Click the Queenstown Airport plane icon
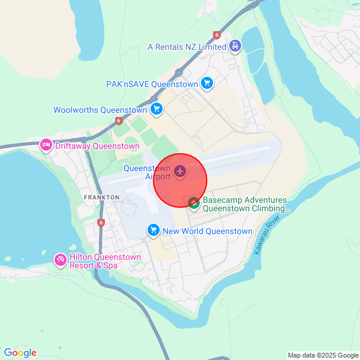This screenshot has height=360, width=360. pyautogui.click(x=180, y=172)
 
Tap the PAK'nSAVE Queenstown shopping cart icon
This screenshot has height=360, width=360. pyautogui.click(x=207, y=84)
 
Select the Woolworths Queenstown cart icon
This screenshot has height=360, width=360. pyautogui.click(x=157, y=109)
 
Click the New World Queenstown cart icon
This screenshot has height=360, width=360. pyautogui.click(x=154, y=230)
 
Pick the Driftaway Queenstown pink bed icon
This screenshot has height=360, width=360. pyautogui.click(x=46, y=145)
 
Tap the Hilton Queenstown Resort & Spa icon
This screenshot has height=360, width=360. pyautogui.click(x=61, y=260)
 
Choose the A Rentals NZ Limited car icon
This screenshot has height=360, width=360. pyautogui.click(x=236, y=46)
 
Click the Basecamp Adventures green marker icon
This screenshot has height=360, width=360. pyautogui.click(x=194, y=203)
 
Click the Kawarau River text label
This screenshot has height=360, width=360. pyautogui.click(x=268, y=235)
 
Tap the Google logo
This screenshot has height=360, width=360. pyautogui.click(x=20, y=353)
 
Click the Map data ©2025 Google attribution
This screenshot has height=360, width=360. pyautogui.click(x=322, y=355)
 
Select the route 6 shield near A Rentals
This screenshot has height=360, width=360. pyautogui.click(x=217, y=35)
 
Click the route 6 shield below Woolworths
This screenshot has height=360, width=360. pyautogui.click(x=119, y=121)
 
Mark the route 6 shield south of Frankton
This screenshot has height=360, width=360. pyautogui.click(x=101, y=223)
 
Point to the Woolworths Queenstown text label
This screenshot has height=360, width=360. pyautogui.click(x=100, y=110)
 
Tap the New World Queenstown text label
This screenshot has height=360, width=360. pyautogui.click(x=208, y=231)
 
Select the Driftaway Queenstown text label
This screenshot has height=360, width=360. pyautogui.click(x=97, y=146)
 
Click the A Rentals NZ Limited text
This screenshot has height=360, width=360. pyautogui.click(x=187, y=47)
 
